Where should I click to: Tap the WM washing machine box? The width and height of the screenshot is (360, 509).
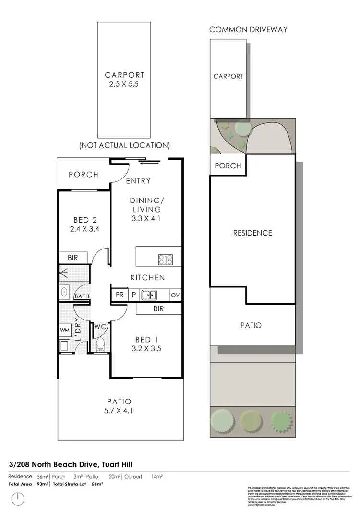coord(65,330)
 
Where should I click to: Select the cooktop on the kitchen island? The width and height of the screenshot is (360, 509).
coord(166,260)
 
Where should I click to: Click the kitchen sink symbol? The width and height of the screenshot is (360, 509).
coord(148,295)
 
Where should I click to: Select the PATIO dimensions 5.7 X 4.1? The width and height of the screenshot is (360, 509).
coord(120,411)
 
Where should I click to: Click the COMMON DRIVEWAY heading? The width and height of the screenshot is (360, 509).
coord(248,30)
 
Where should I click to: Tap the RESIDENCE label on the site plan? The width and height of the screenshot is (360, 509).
coord(252,233)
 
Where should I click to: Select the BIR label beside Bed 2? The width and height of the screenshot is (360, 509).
coord(72,258)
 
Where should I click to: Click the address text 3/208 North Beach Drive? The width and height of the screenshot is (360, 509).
coord(71,464)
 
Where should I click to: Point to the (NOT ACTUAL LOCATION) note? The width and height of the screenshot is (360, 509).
coord(124,145)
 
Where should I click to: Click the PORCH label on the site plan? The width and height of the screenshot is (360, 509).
coord(228,166)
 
